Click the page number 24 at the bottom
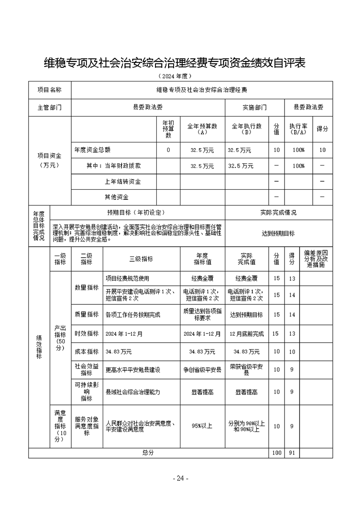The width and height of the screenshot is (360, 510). coord(180,478)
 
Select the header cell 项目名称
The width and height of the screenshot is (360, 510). coord(50,90)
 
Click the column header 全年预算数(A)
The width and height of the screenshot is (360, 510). coord(202,129)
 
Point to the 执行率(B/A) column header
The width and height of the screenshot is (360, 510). coord(299,129)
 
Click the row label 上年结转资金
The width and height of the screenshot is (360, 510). coord(122,182)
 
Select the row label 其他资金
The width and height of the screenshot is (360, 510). coord(117,197)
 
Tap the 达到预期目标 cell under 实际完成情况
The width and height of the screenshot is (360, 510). coord(278,233)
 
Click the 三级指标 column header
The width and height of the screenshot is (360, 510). coord(141,259)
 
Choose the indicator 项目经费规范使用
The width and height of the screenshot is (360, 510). coord(127,278)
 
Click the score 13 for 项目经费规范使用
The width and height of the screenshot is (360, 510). coord(292,278)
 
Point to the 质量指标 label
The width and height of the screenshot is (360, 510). coord(86,314)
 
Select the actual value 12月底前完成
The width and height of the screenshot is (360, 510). coord(247,333)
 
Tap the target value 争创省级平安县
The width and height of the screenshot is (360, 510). coord(202,370)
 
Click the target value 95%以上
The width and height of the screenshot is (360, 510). coord(202,426)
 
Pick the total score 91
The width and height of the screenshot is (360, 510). coord(292,453)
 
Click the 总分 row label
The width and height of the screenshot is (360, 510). coord(148,453)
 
